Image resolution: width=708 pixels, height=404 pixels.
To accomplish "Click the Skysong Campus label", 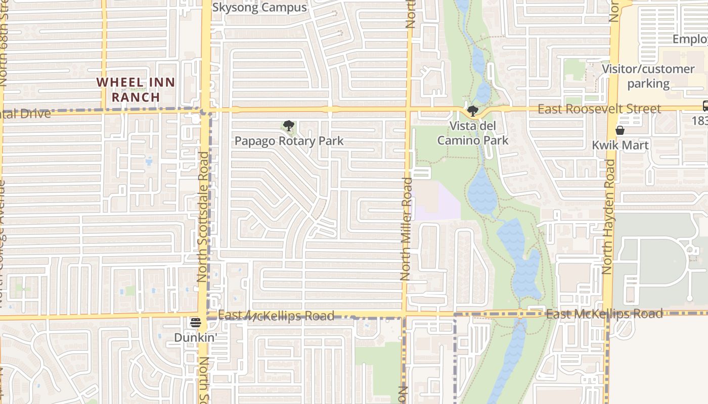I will (x=259, y=8).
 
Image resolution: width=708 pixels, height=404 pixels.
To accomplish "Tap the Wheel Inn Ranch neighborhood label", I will (x=136, y=89).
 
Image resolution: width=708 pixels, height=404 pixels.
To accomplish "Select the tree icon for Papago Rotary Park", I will (x=289, y=126).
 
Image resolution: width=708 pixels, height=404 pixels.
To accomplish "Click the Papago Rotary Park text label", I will (x=289, y=141).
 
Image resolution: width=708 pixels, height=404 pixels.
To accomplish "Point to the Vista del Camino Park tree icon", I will (x=473, y=111).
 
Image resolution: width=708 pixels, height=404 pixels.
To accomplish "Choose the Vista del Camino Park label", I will (x=473, y=133).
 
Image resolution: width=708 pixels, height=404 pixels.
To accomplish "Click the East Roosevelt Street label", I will (x=599, y=109).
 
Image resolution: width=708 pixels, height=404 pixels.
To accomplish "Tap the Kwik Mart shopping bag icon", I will (x=620, y=130).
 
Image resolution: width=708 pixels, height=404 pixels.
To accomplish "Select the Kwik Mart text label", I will (x=620, y=145).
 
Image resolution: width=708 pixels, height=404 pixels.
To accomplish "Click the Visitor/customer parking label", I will (x=648, y=76).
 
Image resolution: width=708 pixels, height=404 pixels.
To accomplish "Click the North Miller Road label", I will (x=406, y=228).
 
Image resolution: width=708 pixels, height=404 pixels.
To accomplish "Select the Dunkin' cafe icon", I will (x=196, y=323).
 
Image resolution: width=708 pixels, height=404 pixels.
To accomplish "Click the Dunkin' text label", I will (x=196, y=337).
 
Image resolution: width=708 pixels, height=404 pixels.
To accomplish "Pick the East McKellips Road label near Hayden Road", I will (x=604, y=314).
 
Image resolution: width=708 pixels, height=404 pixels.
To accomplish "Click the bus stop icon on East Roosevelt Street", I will (x=705, y=106).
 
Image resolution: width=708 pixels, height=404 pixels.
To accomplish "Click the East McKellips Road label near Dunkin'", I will (x=276, y=316).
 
